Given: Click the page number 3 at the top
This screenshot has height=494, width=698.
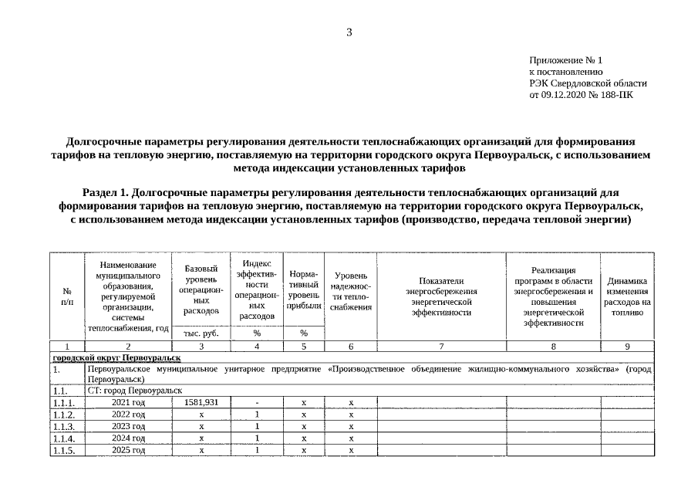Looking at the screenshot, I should pyautogui.click(x=349, y=32).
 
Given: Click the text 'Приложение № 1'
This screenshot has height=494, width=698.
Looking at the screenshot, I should pyautogui.click(x=565, y=60).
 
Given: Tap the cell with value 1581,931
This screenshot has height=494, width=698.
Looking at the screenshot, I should pyautogui.click(x=201, y=403).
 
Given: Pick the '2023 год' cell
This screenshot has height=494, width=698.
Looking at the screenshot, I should pyautogui.click(x=128, y=426).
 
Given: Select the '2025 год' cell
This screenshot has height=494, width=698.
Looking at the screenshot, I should pyautogui.click(x=128, y=449).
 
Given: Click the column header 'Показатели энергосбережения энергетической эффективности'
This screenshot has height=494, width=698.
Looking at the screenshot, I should pyautogui.click(x=440, y=296).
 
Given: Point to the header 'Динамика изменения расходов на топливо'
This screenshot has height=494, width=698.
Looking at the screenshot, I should pyautogui.click(x=627, y=296).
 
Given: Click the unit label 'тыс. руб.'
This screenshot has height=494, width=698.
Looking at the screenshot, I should pyautogui.click(x=201, y=333).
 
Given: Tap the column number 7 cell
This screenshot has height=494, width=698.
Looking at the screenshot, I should pyautogui.click(x=440, y=347).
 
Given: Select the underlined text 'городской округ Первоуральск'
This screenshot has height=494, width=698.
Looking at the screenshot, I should pyautogui.click(x=116, y=358).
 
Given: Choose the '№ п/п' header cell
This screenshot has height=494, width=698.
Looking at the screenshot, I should pyautogui.click(x=67, y=296).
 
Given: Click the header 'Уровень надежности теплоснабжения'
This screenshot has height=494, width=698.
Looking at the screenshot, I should pyautogui.click(x=350, y=291).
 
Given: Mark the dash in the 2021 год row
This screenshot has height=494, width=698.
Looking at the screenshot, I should pyautogui.click(x=257, y=403).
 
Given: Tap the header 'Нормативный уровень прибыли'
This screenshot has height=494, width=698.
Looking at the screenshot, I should pyautogui.click(x=303, y=290).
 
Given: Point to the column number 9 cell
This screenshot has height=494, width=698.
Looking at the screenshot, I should pyautogui.click(x=627, y=347).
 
